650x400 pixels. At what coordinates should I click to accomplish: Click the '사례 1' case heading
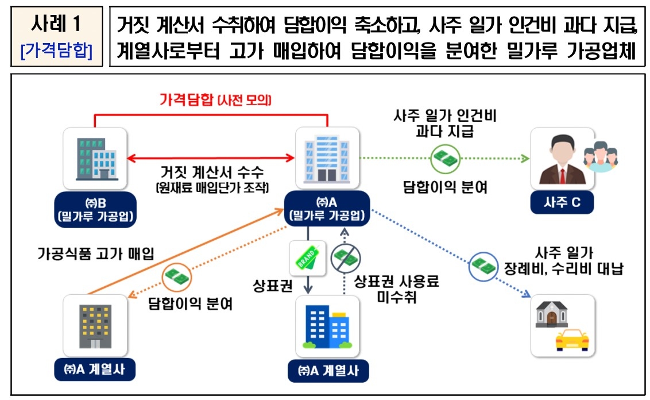pos(56,25)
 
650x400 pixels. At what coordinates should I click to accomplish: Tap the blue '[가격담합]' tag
pos(56,51)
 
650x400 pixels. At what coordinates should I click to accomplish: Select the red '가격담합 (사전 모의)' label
pos(215,100)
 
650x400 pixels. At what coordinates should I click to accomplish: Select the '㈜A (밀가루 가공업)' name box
pos(327,209)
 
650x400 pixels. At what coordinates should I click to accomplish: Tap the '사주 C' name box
pos(561,202)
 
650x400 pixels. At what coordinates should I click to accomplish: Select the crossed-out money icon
pos(345,260)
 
